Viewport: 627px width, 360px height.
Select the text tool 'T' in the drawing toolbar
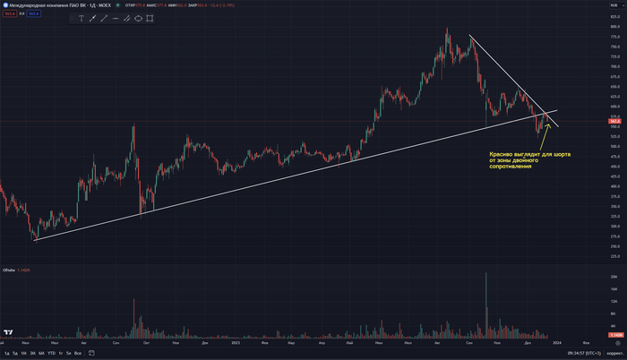coord(82,18)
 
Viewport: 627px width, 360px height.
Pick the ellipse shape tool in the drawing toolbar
coord(139,18)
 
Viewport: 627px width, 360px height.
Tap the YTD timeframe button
coord(51,353)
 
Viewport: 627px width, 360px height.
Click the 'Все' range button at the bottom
coord(78,353)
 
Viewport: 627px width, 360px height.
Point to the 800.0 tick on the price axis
coord(614,27)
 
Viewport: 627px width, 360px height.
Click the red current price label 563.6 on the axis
coord(614,121)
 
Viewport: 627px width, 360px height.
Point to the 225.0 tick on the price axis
coord(614,246)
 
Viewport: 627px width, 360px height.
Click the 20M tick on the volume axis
coord(614,279)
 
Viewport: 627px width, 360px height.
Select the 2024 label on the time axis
coord(558,342)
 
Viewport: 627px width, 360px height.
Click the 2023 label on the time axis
coord(236,342)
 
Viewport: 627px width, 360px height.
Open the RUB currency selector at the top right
coord(614,5)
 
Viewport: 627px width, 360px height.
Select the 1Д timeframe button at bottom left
coord(15,353)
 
